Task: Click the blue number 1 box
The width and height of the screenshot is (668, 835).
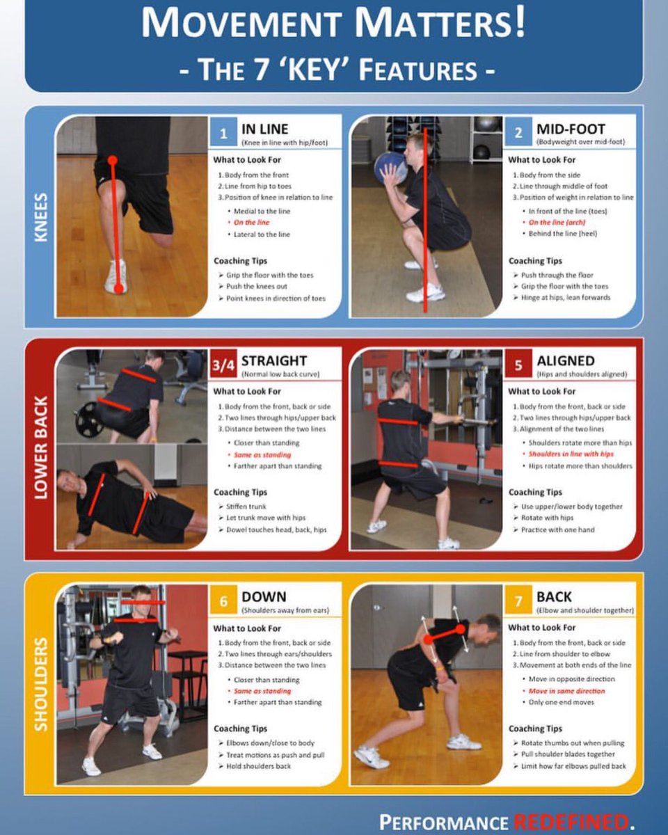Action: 223,132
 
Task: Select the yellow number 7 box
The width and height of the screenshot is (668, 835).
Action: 518,601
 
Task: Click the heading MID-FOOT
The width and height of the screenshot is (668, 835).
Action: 571,129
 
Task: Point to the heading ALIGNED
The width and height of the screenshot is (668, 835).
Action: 566,361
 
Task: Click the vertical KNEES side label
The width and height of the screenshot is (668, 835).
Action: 41,217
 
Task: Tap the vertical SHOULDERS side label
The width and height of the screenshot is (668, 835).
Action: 41,685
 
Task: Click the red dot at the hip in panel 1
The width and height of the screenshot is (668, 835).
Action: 113,160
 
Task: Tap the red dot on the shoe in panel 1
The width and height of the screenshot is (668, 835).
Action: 119,289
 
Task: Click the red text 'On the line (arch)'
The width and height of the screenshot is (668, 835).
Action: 557,223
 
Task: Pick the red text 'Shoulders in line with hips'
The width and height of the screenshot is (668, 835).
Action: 571,454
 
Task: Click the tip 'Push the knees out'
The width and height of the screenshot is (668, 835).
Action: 257,287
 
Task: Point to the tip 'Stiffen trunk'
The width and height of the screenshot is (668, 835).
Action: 246,507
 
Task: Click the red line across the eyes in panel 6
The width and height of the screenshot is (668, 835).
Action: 143,603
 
